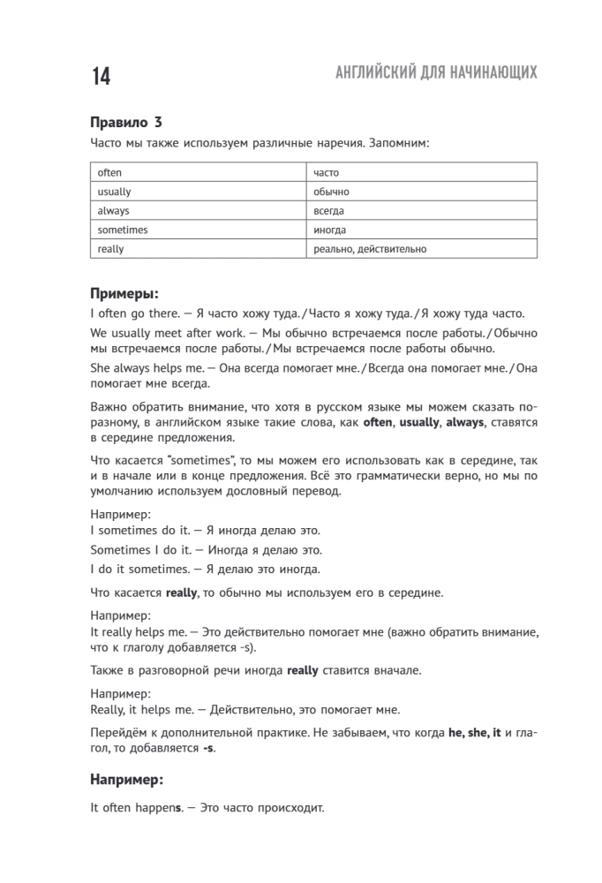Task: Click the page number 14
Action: click(x=100, y=77)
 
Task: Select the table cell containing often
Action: click(x=110, y=173)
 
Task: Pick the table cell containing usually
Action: click(x=114, y=192)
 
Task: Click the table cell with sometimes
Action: click(x=123, y=230)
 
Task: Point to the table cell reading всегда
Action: click(x=328, y=211)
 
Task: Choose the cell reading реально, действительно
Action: click(x=370, y=249)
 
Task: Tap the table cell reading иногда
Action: click(x=328, y=230)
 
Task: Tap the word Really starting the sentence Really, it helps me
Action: click(x=109, y=709)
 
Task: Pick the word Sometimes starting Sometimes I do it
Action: click(x=121, y=549)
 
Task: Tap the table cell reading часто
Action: click(x=326, y=173)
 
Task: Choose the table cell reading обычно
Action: click(x=331, y=192)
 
